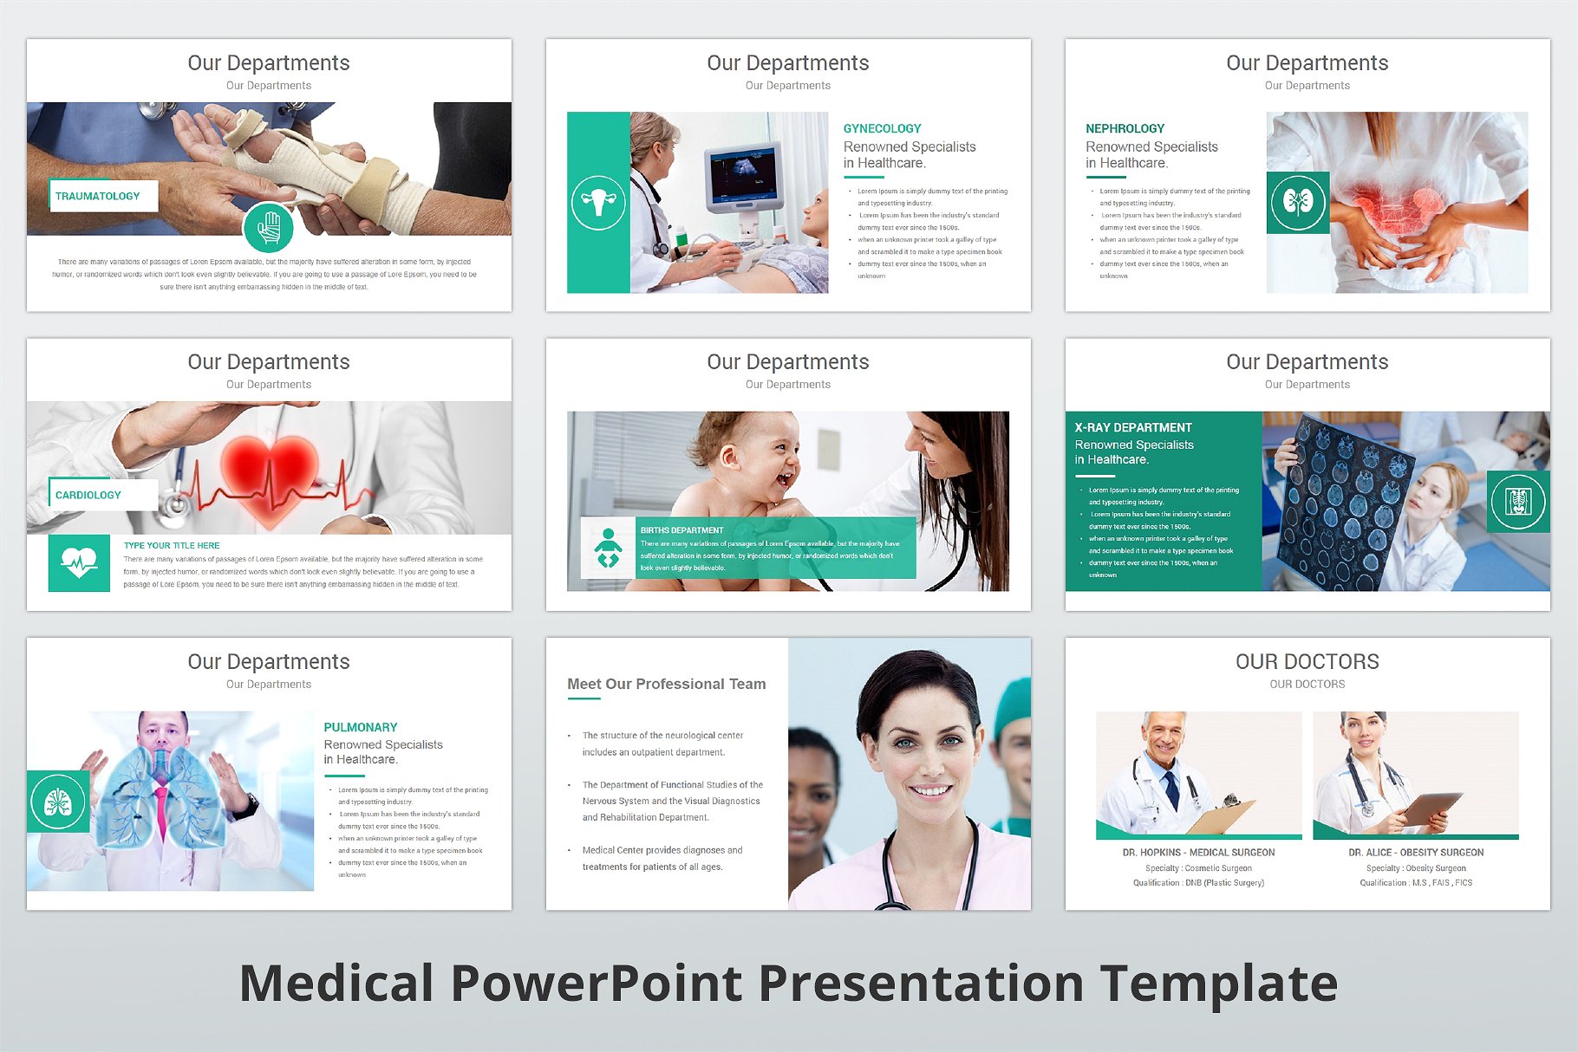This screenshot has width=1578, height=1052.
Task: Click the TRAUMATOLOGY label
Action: pyautogui.click(x=98, y=197)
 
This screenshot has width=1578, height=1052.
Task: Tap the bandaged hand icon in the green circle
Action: pyautogui.click(x=269, y=228)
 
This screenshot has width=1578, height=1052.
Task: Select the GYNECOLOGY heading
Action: pyautogui.click(x=882, y=128)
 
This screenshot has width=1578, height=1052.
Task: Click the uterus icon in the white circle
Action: pyautogui.click(x=598, y=203)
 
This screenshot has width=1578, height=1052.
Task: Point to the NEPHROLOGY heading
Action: pyautogui.click(x=1125, y=128)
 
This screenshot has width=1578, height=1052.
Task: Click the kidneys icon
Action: pyautogui.click(x=1297, y=203)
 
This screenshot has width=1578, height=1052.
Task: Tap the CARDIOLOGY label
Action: pyautogui.click(x=88, y=496)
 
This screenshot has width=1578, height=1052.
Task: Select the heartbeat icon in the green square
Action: pyautogui.click(x=79, y=563)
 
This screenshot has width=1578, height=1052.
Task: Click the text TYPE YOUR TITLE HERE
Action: pyautogui.click(x=172, y=546)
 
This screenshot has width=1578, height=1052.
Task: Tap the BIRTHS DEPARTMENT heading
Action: pyautogui.click(x=681, y=530)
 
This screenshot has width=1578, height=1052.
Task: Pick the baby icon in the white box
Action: pyautogui.click(x=608, y=549)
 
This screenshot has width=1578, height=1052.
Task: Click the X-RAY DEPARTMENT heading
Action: pyautogui.click(x=1132, y=428)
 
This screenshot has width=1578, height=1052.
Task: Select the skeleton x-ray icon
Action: pyautogui.click(x=1517, y=502)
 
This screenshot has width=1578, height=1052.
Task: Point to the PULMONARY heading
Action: pyautogui.click(x=361, y=728)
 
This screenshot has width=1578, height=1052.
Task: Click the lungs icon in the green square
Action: pyautogui.click(x=58, y=802)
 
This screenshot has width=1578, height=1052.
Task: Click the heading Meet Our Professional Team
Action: pyautogui.click(x=666, y=685)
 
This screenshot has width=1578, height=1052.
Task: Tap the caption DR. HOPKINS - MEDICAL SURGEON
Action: pyautogui.click(x=1198, y=853)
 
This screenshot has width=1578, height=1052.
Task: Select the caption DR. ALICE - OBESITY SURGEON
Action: pyautogui.click(x=1416, y=853)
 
